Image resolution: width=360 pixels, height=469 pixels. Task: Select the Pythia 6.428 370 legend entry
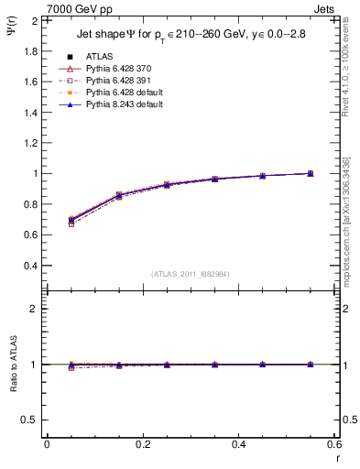116,69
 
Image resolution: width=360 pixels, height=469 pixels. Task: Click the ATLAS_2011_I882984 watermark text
190,273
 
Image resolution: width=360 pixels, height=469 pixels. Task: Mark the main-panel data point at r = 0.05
71,220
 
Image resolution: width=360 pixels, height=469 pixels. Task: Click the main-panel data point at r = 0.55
311,173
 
